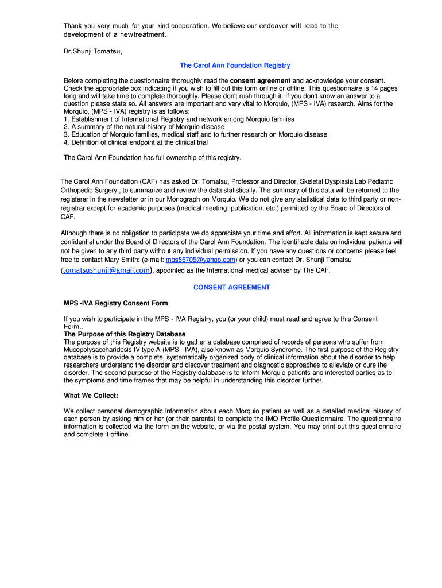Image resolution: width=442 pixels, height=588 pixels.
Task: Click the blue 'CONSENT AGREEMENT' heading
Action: [231, 287]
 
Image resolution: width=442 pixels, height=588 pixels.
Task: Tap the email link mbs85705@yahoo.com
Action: [200, 260]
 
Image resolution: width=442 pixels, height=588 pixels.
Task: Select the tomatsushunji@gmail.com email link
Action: [106, 270]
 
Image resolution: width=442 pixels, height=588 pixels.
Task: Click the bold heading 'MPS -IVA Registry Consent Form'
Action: [115, 303]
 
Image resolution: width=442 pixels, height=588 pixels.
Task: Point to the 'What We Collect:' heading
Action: [91, 396]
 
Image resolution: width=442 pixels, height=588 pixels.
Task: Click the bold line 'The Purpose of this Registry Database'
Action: [125, 334]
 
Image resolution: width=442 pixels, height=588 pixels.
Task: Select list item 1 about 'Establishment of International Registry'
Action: [179, 119]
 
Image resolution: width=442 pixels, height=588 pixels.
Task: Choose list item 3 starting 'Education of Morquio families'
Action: [195, 134]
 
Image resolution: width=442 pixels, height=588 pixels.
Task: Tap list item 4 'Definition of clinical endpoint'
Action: [135, 142]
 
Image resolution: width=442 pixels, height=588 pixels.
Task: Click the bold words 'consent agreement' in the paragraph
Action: [264, 80]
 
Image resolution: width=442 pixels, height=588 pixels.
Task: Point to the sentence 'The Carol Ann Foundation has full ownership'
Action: [153, 157]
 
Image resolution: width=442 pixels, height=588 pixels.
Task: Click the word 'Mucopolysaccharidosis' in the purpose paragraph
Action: [96, 350]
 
